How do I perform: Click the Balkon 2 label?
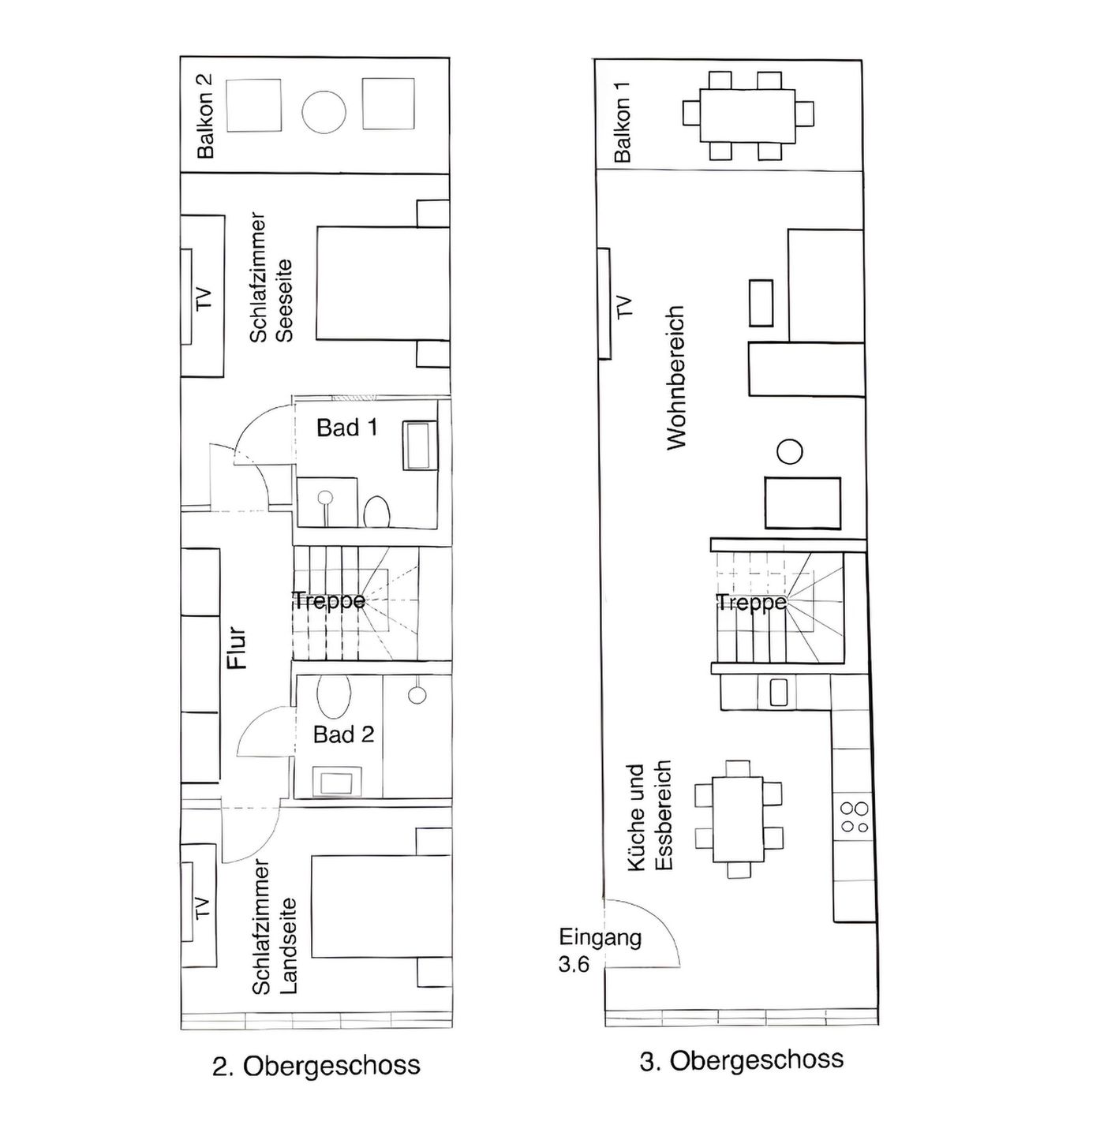205,115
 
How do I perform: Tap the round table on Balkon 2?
324,112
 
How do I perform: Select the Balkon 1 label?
623,130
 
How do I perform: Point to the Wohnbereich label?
676,378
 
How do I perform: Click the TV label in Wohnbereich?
624,306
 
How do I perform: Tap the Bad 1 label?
346,428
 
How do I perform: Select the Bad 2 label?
343,734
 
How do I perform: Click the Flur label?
238,648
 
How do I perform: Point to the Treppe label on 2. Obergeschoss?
329,600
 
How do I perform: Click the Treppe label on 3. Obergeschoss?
751,603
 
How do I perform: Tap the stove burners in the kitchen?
855,817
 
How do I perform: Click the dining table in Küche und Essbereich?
739,820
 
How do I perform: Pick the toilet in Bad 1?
376,511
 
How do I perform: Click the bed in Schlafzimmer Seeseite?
382,284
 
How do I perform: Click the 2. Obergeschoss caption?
316,1066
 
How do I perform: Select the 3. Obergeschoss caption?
741,1060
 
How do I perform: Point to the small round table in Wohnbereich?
789,452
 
